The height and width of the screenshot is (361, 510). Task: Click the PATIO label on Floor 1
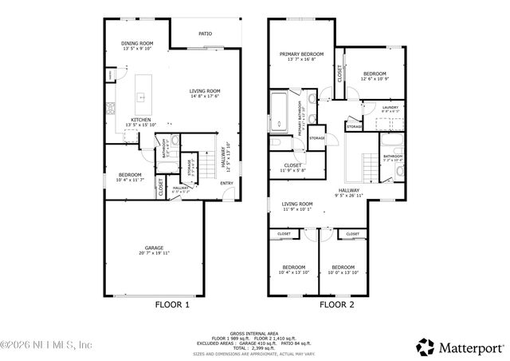point(205,34)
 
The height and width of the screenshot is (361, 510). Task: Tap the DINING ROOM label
point(137,43)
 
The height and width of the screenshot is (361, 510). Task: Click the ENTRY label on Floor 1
point(227,183)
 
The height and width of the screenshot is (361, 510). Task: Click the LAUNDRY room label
point(390,107)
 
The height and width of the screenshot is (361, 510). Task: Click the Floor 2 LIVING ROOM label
point(296,204)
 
